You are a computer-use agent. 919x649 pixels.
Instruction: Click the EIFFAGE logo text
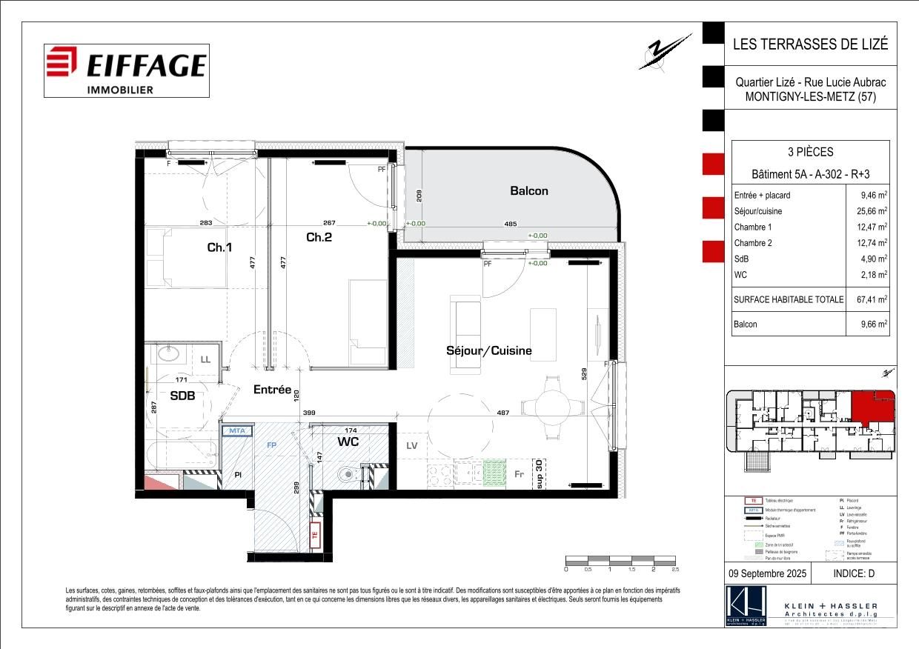(145, 65)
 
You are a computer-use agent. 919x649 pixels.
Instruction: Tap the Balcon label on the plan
(529, 191)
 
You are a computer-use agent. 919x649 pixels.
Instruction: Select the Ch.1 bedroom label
(219, 247)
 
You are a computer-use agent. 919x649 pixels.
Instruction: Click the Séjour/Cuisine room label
(488, 350)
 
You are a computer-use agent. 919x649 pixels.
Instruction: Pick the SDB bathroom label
(182, 396)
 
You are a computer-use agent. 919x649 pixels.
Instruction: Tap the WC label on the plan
(348, 442)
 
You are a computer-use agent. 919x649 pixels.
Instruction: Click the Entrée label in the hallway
(272, 389)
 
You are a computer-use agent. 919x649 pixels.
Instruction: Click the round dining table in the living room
(551, 407)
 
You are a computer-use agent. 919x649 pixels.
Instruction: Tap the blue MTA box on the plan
(236, 430)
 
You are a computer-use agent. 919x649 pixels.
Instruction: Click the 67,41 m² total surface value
(872, 300)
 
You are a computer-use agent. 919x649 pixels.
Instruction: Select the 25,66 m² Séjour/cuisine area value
(872, 211)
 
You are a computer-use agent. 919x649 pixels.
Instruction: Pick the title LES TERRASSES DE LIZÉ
(810, 44)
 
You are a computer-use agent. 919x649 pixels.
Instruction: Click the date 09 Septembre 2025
(766, 573)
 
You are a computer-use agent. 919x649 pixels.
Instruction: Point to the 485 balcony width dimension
(511, 224)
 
